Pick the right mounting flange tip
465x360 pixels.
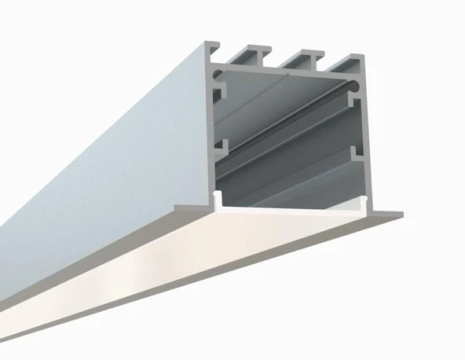click(x=398, y=213)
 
